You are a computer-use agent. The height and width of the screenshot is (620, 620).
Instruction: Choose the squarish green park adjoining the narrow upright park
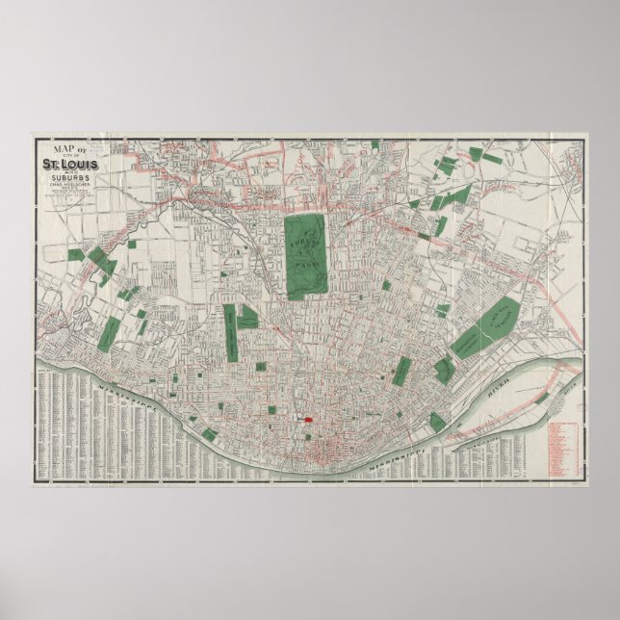point(247,317)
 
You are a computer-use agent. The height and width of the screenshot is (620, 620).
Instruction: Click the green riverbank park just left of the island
point(437,423)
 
